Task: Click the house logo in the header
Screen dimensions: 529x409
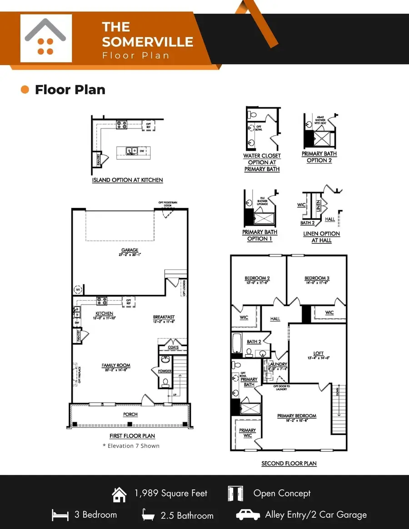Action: click(46, 38)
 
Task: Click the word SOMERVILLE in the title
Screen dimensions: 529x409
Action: click(148, 42)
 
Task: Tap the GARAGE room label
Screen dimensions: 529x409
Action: click(130, 250)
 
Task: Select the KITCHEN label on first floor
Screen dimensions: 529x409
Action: click(104, 313)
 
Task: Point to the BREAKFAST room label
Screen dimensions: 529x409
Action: click(164, 317)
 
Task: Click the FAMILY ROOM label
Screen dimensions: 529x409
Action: click(116, 365)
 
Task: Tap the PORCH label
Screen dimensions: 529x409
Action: click(130, 414)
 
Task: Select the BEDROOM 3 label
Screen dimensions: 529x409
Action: click(317, 278)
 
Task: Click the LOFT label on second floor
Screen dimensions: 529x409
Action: click(319, 353)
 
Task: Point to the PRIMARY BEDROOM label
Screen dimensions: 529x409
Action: click(297, 415)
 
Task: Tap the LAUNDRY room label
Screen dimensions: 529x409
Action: click(278, 364)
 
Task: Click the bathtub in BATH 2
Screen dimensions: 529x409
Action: click(237, 344)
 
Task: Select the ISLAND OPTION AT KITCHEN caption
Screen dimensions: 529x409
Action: click(127, 180)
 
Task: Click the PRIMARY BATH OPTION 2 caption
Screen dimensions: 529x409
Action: click(319, 157)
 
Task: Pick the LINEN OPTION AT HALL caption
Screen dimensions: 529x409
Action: click(322, 237)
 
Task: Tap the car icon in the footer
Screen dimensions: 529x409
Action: click(248, 514)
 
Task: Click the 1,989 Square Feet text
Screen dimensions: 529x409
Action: click(171, 493)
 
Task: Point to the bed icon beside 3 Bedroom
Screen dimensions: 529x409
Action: click(60, 515)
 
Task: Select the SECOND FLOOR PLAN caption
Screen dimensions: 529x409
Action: click(289, 464)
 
